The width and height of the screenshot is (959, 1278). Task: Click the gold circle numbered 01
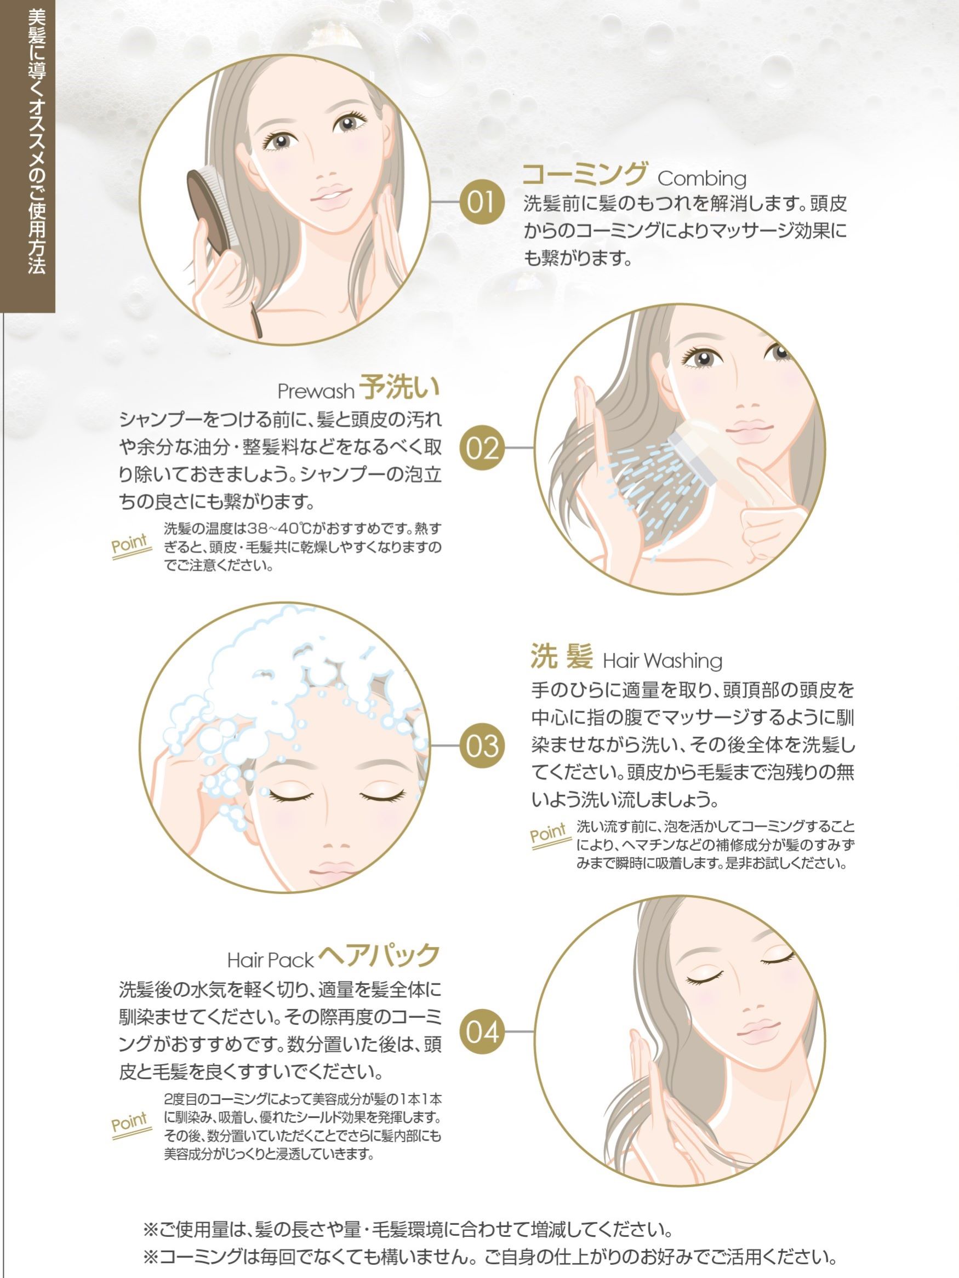click(481, 203)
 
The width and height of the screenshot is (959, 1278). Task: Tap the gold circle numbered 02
click(481, 448)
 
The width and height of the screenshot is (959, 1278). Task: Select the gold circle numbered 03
click(481, 746)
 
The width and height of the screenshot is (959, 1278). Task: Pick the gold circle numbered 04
click(481, 1032)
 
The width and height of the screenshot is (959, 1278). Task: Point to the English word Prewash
click(316, 391)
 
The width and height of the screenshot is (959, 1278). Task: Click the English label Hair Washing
click(663, 661)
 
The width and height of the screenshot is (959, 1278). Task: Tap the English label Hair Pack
click(270, 960)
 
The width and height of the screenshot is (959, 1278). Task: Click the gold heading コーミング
click(584, 173)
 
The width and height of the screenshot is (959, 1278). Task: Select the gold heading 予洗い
click(399, 387)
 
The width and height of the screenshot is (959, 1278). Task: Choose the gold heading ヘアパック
click(379, 954)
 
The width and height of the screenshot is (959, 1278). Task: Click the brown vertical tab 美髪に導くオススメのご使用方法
click(28, 156)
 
